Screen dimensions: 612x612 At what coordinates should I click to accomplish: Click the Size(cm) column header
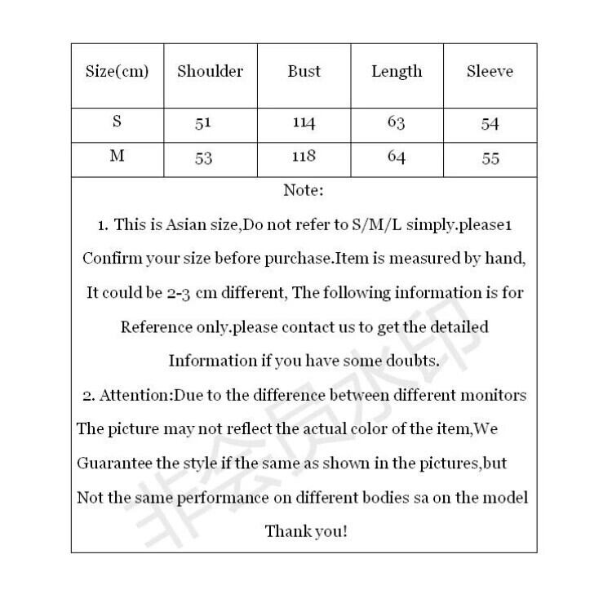point(118,71)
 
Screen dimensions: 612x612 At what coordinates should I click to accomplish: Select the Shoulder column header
point(211,71)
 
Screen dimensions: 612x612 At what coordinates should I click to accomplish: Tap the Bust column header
point(304,71)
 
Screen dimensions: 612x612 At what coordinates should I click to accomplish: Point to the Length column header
point(397,72)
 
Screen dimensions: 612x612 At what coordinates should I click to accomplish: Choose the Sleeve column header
point(490,71)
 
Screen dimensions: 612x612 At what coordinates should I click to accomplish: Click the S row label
point(118,122)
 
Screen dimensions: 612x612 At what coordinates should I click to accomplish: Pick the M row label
point(118,157)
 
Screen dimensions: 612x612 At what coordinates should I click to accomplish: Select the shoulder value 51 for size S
point(204,124)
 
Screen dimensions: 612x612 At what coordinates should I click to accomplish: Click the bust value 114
point(304,124)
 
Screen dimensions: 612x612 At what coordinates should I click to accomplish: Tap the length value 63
point(397,123)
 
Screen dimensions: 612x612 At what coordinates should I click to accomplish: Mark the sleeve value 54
point(490,124)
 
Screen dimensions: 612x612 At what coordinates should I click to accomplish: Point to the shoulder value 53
point(204,158)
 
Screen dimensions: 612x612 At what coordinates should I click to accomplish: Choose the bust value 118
point(304,157)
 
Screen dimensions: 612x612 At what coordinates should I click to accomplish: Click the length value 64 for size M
point(397,157)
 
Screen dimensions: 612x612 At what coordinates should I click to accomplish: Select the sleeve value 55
point(490,158)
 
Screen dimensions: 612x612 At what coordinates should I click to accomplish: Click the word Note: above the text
point(304,191)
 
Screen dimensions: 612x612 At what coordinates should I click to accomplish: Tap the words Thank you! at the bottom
point(306,531)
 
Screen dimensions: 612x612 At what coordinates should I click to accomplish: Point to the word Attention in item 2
point(135,396)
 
